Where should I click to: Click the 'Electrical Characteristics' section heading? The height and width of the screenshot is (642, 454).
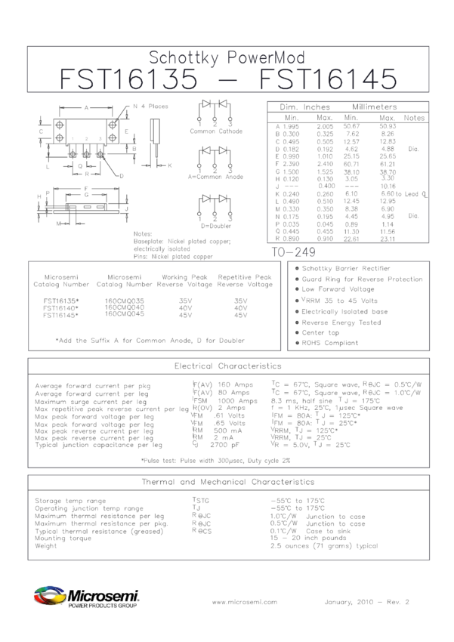click(x=227, y=365)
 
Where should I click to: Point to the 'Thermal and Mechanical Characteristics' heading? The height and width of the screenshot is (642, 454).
click(x=227, y=481)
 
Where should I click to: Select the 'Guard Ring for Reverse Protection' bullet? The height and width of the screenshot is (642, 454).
click(x=363, y=279)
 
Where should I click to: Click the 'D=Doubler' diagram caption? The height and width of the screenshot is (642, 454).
click(x=215, y=225)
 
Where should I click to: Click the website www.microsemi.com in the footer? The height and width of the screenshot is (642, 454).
click(x=246, y=602)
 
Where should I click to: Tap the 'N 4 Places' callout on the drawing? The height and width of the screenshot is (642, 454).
click(x=150, y=106)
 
